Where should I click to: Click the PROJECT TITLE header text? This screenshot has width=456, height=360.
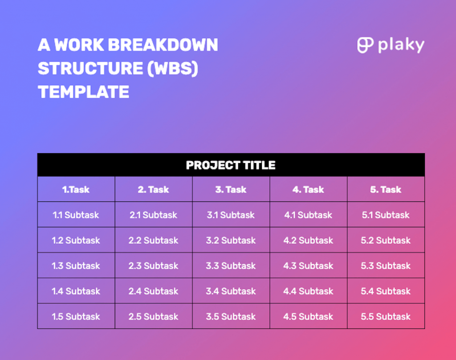[x=231, y=165]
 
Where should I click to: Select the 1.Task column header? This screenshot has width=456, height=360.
[x=76, y=189]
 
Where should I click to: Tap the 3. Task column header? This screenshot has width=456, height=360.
[x=231, y=189]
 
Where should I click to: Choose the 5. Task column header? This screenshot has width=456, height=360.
[x=386, y=189]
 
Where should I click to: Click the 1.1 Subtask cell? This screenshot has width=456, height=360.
[x=76, y=215]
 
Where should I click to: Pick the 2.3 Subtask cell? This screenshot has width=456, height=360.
[x=154, y=266]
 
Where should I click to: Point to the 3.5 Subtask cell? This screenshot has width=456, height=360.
[x=231, y=316]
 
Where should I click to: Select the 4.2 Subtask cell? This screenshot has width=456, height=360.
[x=308, y=240]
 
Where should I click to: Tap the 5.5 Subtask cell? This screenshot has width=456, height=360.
[x=386, y=316]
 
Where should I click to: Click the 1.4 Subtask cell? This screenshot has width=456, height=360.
[x=76, y=291]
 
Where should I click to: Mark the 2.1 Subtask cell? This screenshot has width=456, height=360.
[x=154, y=215]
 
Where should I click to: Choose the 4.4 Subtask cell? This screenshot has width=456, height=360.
[x=308, y=291]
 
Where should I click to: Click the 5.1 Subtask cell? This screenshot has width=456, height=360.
[x=386, y=215]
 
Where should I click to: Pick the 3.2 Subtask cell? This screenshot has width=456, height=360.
[x=231, y=240]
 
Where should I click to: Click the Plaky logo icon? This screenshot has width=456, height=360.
[x=365, y=45]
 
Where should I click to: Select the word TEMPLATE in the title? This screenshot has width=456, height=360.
[x=83, y=92]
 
